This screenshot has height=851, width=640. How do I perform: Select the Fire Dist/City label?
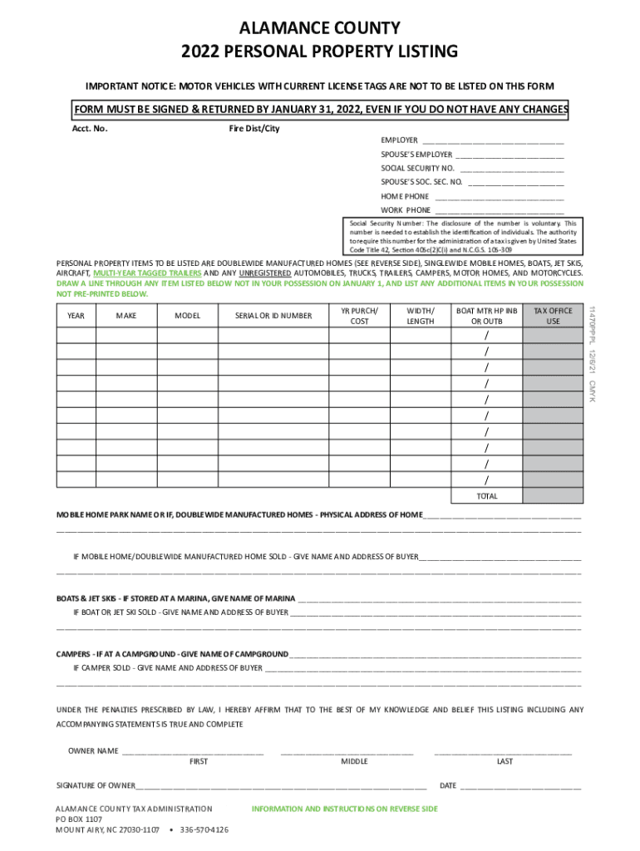tap(254, 129)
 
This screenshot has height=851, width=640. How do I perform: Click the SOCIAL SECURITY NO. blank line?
tap(512, 169)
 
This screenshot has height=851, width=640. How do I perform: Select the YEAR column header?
tap(76, 316)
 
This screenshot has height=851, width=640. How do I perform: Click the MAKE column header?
tap(126, 316)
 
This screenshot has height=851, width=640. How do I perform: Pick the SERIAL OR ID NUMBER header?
tap(273, 316)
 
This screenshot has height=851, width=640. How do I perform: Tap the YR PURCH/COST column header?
tap(359, 316)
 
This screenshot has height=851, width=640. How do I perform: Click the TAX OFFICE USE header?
tap(553, 316)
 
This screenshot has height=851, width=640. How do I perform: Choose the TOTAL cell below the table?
tap(487, 496)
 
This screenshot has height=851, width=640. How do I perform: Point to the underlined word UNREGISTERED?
tap(264, 273)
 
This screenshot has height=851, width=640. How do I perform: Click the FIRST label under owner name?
tap(199, 761)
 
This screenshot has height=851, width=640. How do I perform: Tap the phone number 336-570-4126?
tap(204, 829)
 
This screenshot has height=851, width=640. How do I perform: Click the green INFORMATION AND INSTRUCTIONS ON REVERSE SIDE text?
tap(344, 809)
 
